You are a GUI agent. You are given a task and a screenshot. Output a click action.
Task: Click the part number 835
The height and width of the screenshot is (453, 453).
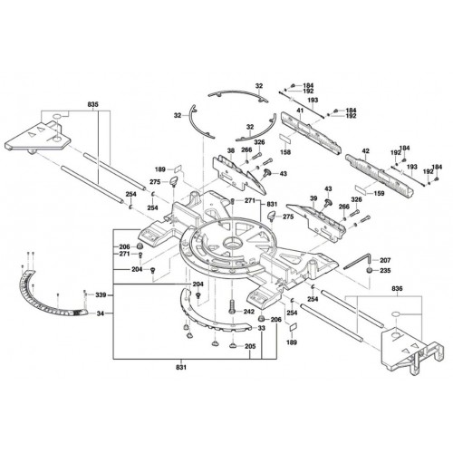(93, 105)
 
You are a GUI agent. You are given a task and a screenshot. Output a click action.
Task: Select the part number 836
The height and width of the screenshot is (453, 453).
(397, 289)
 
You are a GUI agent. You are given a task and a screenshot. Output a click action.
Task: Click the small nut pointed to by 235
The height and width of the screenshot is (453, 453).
(369, 270)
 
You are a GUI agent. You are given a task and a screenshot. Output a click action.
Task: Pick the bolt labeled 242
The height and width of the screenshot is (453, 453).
(232, 307)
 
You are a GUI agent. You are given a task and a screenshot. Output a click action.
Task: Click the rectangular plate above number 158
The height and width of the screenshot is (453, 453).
(284, 139)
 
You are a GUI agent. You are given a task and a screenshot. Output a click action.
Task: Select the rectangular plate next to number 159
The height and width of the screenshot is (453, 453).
(360, 189)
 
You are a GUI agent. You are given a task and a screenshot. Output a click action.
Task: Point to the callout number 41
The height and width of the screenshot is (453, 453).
(300, 111)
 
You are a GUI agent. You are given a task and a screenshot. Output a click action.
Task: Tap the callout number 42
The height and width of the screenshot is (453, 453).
(366, 150)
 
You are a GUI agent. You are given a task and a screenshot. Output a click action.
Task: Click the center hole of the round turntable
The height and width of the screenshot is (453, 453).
(233, 242)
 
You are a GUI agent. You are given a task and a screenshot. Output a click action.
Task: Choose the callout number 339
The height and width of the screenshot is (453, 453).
(101, 294)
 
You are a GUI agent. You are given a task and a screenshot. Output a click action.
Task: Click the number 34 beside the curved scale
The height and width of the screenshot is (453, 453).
(101, 313)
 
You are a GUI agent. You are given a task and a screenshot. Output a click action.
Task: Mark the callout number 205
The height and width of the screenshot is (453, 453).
(250, 346)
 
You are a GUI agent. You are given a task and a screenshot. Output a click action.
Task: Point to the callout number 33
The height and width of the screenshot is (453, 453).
(262, 328)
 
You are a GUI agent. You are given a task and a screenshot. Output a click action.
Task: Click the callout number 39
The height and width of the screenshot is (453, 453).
(313, 198)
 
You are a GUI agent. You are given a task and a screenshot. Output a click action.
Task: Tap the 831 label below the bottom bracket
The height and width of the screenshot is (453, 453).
(181, 368)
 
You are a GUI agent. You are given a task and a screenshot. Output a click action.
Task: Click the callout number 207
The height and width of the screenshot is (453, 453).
(385, 260)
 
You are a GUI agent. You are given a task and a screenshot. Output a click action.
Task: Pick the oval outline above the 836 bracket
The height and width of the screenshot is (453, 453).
(396, 314)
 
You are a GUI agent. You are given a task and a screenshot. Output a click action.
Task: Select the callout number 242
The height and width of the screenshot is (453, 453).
(249, 312)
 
